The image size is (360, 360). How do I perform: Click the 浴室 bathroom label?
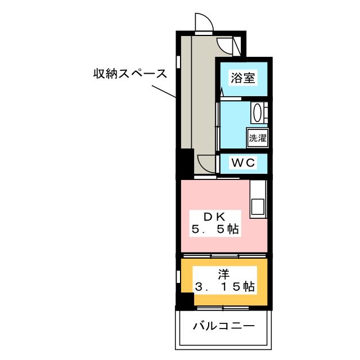coord(243,79)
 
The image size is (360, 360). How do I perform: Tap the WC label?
coord(243,163)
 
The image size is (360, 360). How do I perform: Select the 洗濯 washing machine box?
coord(257,137)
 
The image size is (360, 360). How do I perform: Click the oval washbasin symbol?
coord(258,112)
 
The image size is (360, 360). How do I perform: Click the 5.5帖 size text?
coord(214,229)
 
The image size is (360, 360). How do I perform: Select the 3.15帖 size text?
coord(224,287)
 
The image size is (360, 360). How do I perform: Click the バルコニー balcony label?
coord(224,326)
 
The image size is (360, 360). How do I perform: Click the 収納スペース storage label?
coord(130,74)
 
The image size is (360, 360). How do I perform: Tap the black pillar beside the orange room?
coord(183,301)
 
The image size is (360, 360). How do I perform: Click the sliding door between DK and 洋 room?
coord(224,256)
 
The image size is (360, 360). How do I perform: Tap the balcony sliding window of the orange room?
coord(224,308)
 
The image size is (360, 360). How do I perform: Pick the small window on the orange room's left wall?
coord(179,277)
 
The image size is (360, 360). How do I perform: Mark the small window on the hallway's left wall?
coord(179,60)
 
